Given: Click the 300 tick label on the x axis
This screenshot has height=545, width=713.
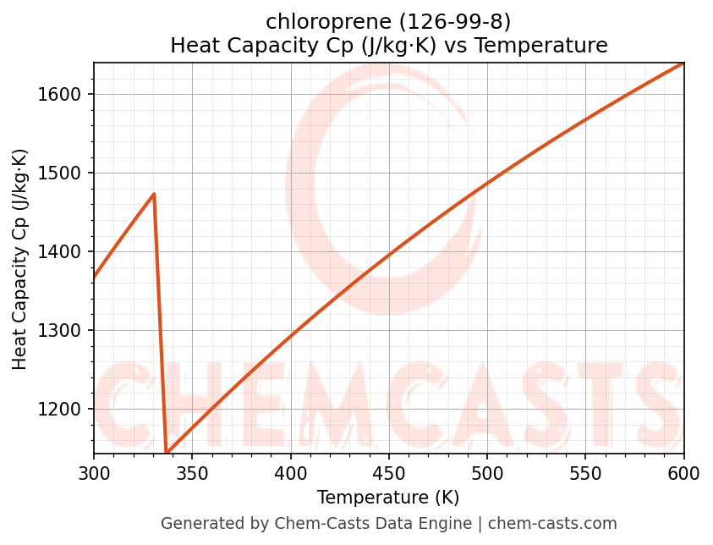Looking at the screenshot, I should click(94, 474).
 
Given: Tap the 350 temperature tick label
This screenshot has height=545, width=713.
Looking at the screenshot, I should click(192, 474).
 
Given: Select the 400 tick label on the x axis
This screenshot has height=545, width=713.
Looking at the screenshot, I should click(291, 474).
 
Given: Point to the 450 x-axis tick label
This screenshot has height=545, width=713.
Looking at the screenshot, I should click(389, 474).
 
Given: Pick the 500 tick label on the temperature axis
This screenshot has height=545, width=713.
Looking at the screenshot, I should click(487, 474).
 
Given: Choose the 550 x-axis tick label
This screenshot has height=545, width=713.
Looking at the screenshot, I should click(585, 474).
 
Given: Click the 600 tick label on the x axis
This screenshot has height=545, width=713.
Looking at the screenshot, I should click(683, 474).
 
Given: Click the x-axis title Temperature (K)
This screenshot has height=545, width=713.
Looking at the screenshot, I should click(388, 498).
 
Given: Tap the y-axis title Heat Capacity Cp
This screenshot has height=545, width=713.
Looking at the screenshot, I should click(20, 259).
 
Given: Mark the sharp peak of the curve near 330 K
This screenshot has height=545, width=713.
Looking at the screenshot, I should click(154, 194).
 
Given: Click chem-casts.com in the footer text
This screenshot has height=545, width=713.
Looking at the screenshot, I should click(552, 524).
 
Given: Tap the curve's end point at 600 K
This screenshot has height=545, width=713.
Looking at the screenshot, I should click(683, 63).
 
